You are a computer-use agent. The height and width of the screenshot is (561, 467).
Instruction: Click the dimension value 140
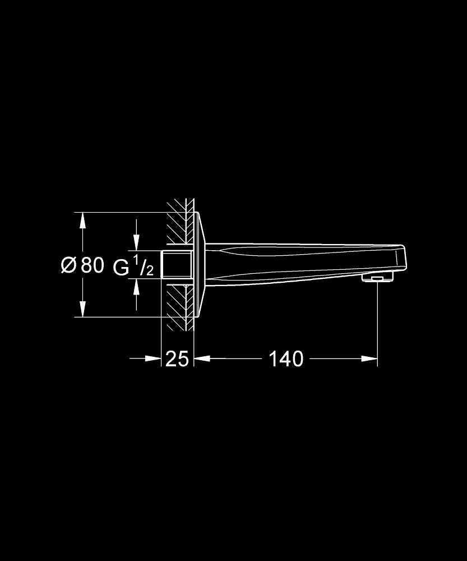click(x=286, y=358)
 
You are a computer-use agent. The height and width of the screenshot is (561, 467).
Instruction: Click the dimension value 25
click(x=177, y=359)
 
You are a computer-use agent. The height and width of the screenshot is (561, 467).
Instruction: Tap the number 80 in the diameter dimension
click(x=93, y=265)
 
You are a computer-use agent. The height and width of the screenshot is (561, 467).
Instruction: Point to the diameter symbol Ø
click(x=68, y=265)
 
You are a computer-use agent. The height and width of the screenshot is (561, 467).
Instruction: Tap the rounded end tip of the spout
click(x=400, y=259)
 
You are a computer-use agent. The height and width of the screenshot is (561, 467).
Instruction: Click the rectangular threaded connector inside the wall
click(x=177, y=265)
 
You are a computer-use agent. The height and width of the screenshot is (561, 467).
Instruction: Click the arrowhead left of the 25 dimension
click(x=154, y=358)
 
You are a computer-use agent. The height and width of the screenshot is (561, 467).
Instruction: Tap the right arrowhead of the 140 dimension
click(x=369, y=358)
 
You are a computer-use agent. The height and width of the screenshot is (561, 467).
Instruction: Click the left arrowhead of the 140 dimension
click(x=202, y=358)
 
